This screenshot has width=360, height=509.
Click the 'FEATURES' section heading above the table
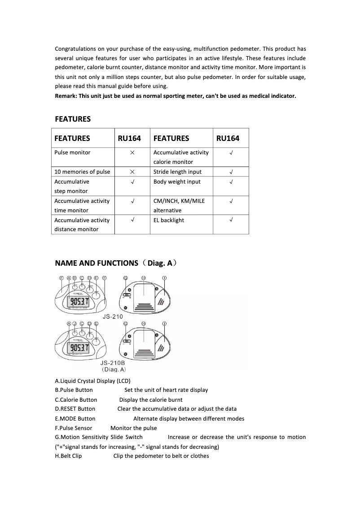click(73, 119)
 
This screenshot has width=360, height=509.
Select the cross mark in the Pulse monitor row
click(132, 153)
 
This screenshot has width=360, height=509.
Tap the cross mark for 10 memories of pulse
click(132, 172)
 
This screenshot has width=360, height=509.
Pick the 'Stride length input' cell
click(177, 172)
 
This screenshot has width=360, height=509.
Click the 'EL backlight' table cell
click(169, 220)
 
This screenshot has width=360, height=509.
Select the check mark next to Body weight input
click(231, 182)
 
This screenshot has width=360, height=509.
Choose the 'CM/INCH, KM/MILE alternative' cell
click(179, 206)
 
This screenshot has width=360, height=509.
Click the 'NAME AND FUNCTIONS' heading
click(97, 263)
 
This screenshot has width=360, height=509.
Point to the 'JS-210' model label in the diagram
click(113, 316)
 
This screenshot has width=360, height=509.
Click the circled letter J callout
click(75, 324)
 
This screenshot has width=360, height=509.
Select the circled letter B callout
click(75, 278)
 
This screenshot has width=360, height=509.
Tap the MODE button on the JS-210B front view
click(96, 342)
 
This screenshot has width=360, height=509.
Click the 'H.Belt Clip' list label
click(68, 456)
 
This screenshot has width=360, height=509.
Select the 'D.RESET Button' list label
click(75, 409)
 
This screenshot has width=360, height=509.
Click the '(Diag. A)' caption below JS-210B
click(114, 369)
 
